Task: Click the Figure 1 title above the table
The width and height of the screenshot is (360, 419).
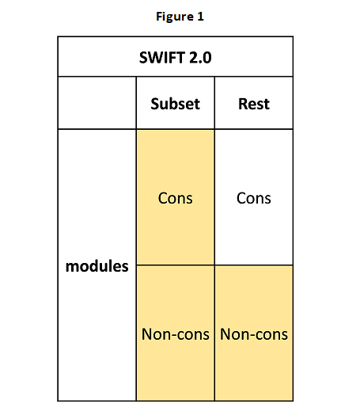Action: pyautogui.click(x=180, y=17)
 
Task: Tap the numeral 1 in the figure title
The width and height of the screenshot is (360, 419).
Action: pyautogui.click(x=200, y=17)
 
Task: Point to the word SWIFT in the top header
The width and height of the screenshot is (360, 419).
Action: pyautogui.click(x=162, y=58)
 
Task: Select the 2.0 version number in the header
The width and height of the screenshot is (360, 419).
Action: pyautogui.click(x=200, y=58)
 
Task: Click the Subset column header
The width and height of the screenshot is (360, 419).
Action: pyautogui.click(x=176, y=104)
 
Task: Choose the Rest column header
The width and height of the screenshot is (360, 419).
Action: pyautogui.click(x=254, y=104)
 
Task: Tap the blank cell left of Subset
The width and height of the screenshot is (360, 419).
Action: pyautogui.click(x=97, y=103)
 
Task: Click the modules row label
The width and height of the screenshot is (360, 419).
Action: pyautogui.click(x=97, y=266)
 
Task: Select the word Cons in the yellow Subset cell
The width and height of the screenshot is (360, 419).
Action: pyautogui.click(x=176, y=198)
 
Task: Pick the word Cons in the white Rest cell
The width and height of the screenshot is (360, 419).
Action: pyautogui.click(x=254, y=198)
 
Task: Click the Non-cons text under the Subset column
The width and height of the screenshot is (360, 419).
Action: pyautogui.click(x=176, y=334)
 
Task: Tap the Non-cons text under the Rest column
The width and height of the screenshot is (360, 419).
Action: pyautogui.click(x=254, y=334)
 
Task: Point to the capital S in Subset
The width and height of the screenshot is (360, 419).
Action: pyautogui.click(x=155, y=104)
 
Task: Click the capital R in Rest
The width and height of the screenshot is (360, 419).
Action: pyautogui.click(x=243, y=104)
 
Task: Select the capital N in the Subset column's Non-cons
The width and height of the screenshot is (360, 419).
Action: pyautogui.click(x=147, y=334)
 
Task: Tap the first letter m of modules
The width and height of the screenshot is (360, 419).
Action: pyautogui.click(x=71, y=268)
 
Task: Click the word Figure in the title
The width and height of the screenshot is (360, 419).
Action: pyautogui.click(x=175, y=17)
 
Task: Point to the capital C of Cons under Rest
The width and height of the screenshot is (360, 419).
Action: pyautogui.click(x=241, y=198)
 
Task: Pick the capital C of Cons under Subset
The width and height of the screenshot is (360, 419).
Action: pyautogui.click(x=163, y=198)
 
